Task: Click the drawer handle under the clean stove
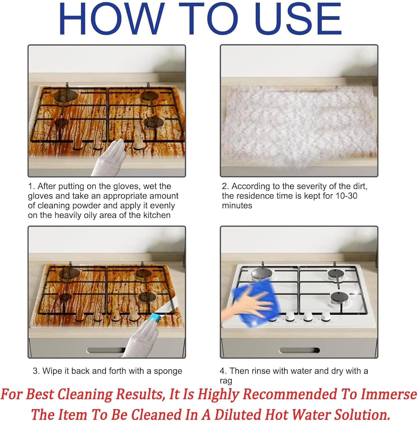(x=299, y=350)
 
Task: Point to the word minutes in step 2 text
(x=237, y=206)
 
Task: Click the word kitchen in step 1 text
(x=157, y=215)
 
